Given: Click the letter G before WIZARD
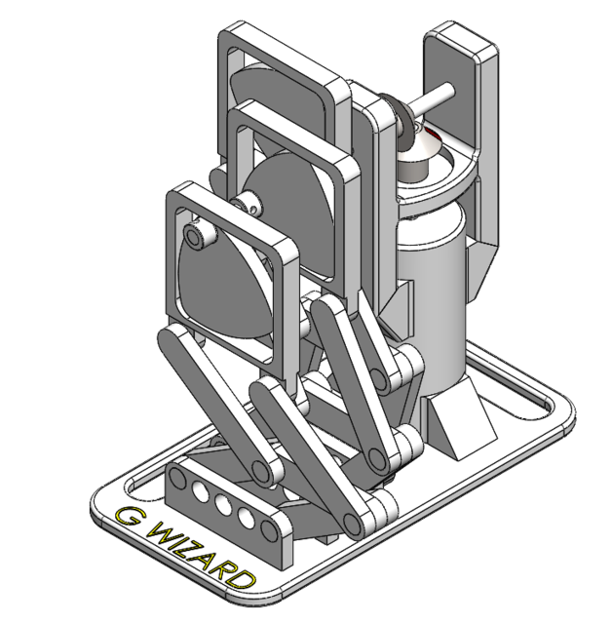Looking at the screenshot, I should [x=127, y=517].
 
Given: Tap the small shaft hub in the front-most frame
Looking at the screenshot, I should [x=197, y=236].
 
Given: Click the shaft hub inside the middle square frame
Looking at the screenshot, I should [x=251, y=203].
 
